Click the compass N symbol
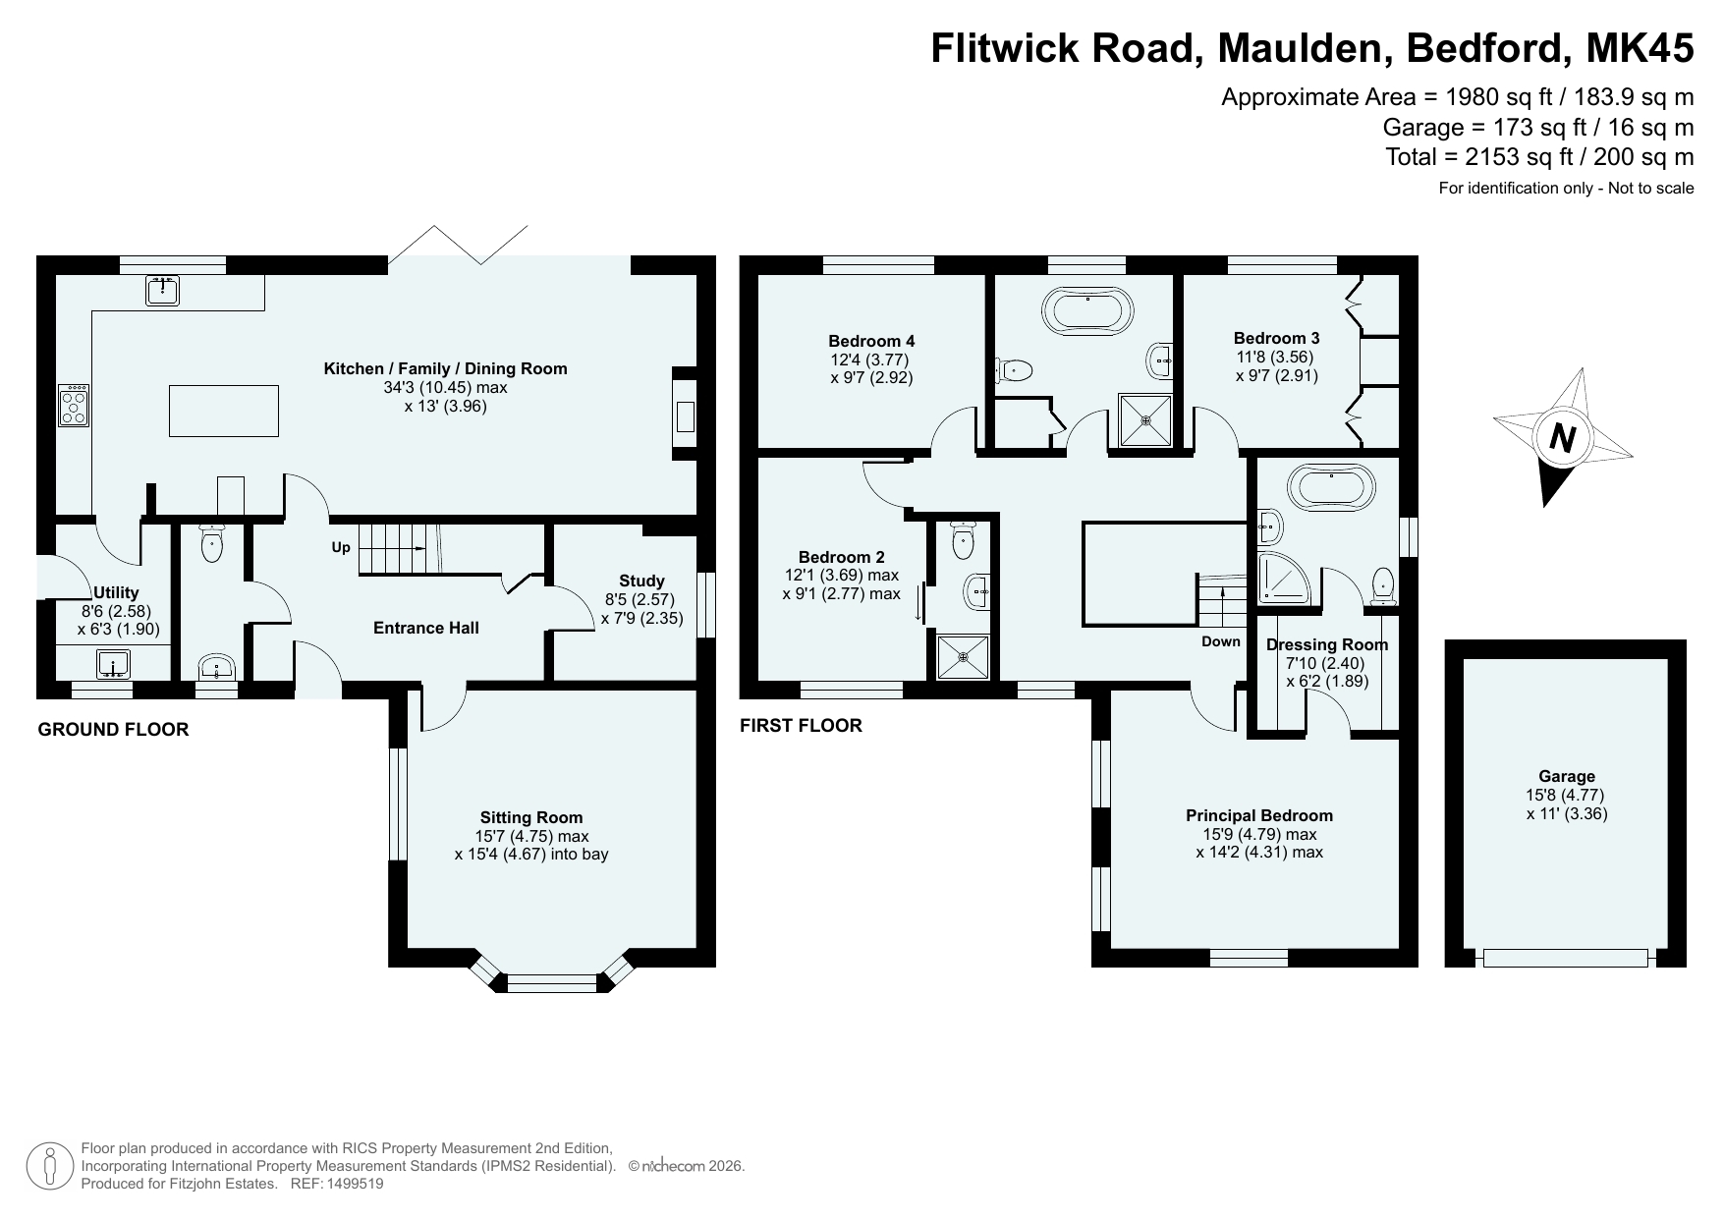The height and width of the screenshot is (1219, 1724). pos(1562,437)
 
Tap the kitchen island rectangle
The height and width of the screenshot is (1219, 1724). pos(224,411)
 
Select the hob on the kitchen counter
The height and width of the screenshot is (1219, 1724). pos(74,405)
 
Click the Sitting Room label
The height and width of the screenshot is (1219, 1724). pos(531,817)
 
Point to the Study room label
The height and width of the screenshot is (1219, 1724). pos(641,581)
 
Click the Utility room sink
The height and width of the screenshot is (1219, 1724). pos(114,665)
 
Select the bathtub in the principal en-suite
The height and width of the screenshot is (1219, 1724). pos(1330,487)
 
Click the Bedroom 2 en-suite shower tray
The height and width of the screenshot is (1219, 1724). pos(961,656)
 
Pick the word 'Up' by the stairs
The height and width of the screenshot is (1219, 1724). pos(341,547)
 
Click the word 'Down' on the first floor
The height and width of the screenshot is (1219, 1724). pos(1221,641)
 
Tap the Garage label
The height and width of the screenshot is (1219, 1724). pos(1567,776)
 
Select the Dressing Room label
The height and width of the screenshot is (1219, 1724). pos(1327,644)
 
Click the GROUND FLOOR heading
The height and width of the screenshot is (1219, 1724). pos(113,729)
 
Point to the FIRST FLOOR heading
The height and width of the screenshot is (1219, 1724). pos(801,725)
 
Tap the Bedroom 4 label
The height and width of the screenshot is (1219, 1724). pos(871,341)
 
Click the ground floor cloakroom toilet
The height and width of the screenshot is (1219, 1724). pos(212,543)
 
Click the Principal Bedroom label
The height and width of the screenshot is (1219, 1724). pos(1259,815)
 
